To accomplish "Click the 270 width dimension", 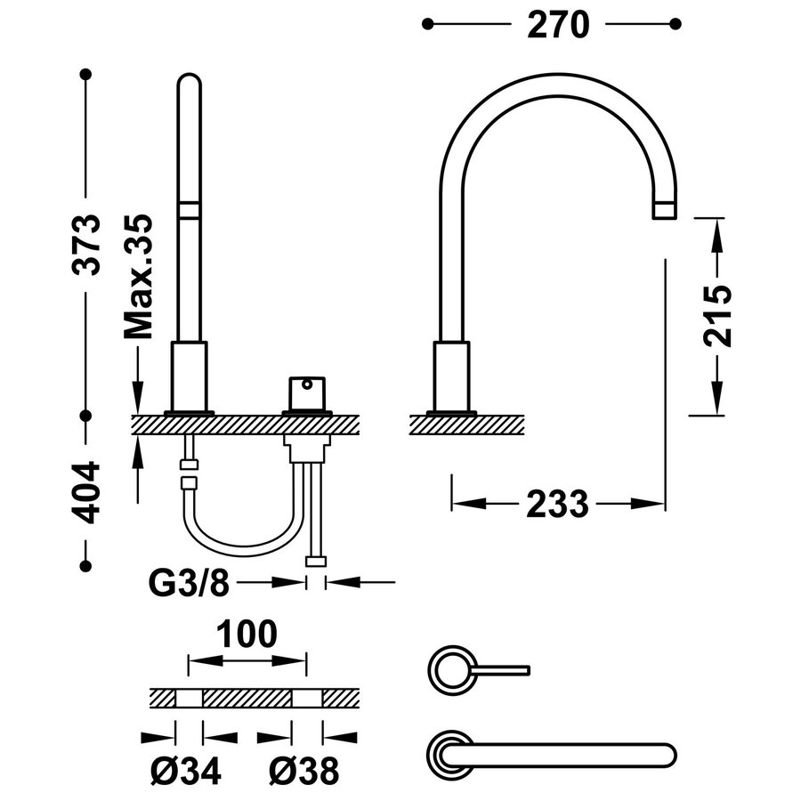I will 558,25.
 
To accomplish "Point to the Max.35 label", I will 139,276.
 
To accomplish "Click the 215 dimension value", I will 716,316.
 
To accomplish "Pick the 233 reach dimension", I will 558,505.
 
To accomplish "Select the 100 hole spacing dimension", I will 247,634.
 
